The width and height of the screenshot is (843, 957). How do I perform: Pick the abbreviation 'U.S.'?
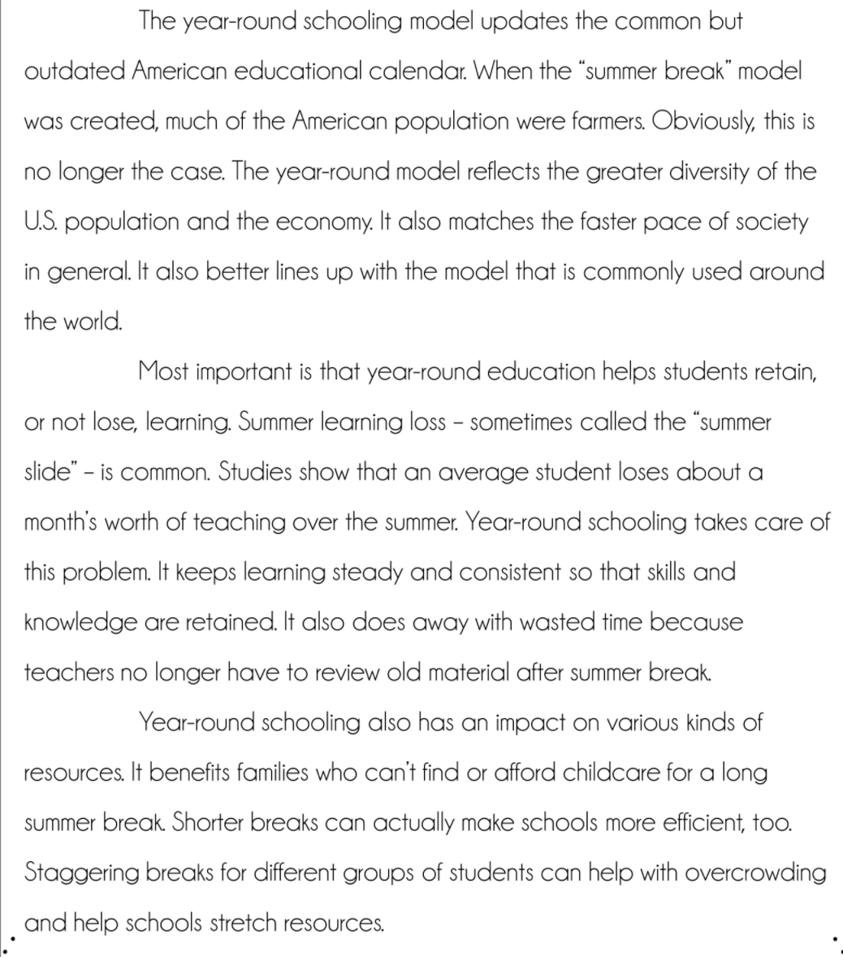click(x=40, y=222)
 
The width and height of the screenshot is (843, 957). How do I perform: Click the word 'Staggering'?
click(x=81, y=873)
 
